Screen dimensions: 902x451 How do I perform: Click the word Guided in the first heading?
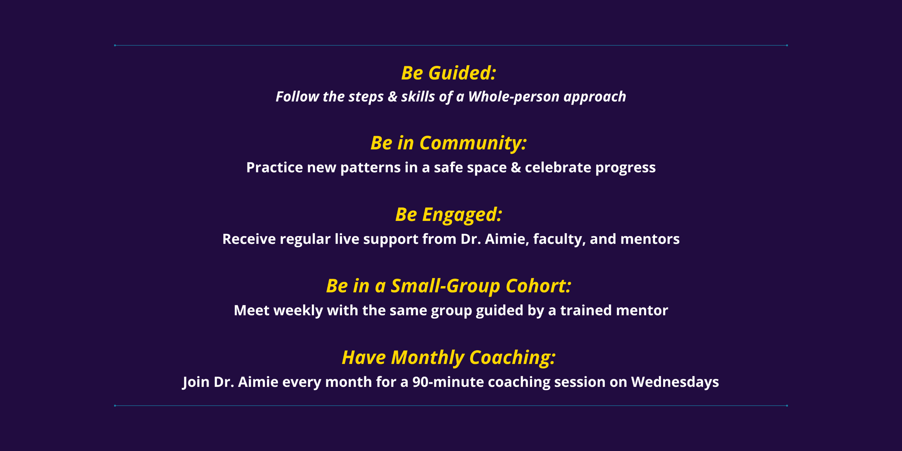pos(462,73)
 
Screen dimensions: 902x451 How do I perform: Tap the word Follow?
pos(297,97)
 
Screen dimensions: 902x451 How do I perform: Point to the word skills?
pos(418,97)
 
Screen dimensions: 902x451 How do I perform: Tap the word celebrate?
pos(558,167)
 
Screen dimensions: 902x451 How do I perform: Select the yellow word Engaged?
pos(462,215)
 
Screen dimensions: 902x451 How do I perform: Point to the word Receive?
pos(249,239)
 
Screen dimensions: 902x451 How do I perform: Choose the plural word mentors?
pos(650,239)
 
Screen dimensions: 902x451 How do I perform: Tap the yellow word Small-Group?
pos(446,286)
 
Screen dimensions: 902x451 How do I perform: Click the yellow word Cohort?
pos(538,286)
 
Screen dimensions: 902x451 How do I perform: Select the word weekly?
pos(298,311)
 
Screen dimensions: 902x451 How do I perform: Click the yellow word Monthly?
pos(428,358)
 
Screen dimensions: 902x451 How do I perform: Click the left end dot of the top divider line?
pos(115,45)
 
